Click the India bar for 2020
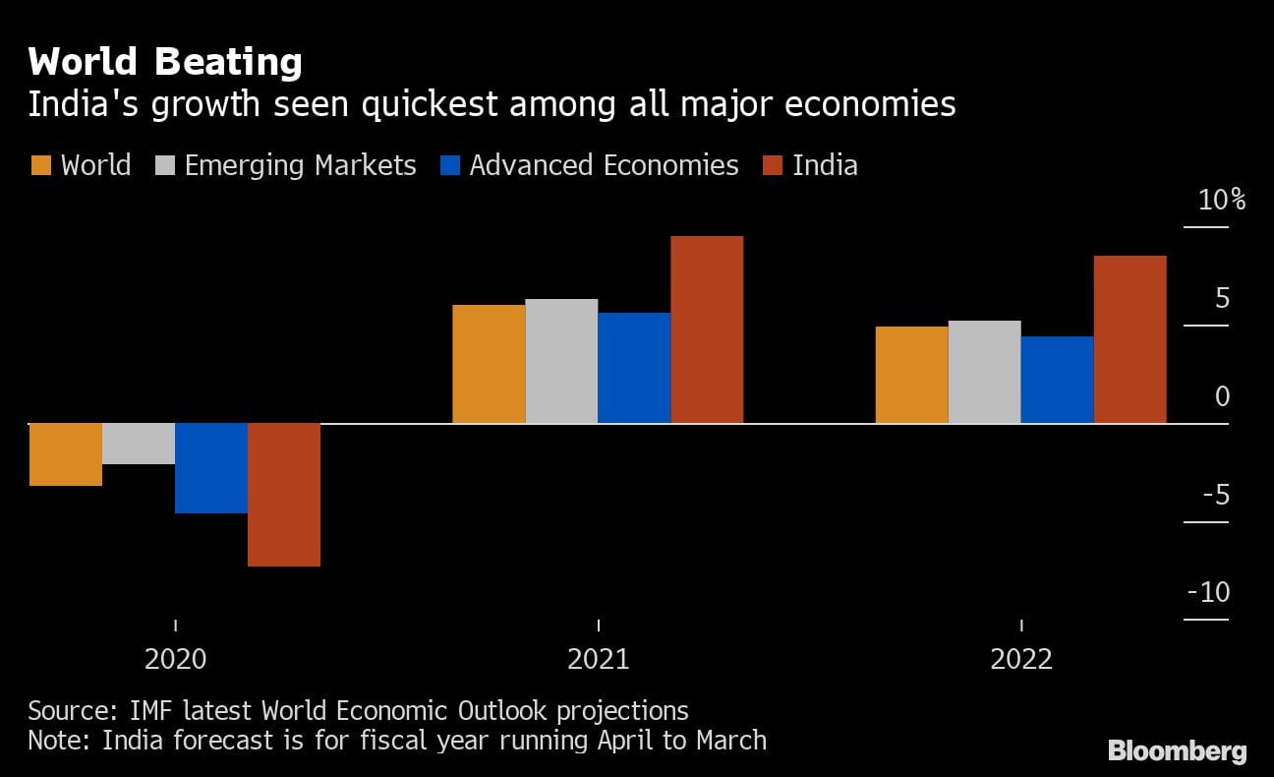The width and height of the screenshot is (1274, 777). (284, 495)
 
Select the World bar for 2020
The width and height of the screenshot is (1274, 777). (66, 454)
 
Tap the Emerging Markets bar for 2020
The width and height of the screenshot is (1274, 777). (139, 444)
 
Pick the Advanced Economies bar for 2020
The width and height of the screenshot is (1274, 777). (211, 468)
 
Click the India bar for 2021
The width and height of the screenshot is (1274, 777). (707, 329)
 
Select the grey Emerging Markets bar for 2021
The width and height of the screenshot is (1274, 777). (561, 361)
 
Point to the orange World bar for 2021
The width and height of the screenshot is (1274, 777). (489, 364)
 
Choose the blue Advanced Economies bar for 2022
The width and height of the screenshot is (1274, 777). (1057, 380)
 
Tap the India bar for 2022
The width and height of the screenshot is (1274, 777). (1129, 339)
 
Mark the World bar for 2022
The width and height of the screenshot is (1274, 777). (911, 375)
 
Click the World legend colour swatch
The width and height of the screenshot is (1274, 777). (40, 165)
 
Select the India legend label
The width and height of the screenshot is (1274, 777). (825, 165)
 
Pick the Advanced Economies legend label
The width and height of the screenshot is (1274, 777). (604, 165)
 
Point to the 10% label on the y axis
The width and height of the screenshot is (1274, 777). (1222, 201)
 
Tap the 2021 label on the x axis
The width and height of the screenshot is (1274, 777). (599, 659)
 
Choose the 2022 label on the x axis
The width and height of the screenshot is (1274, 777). (1021, 659)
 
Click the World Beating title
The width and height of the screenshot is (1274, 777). (165, 63)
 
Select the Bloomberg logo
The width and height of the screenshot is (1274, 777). (1177, 751)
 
